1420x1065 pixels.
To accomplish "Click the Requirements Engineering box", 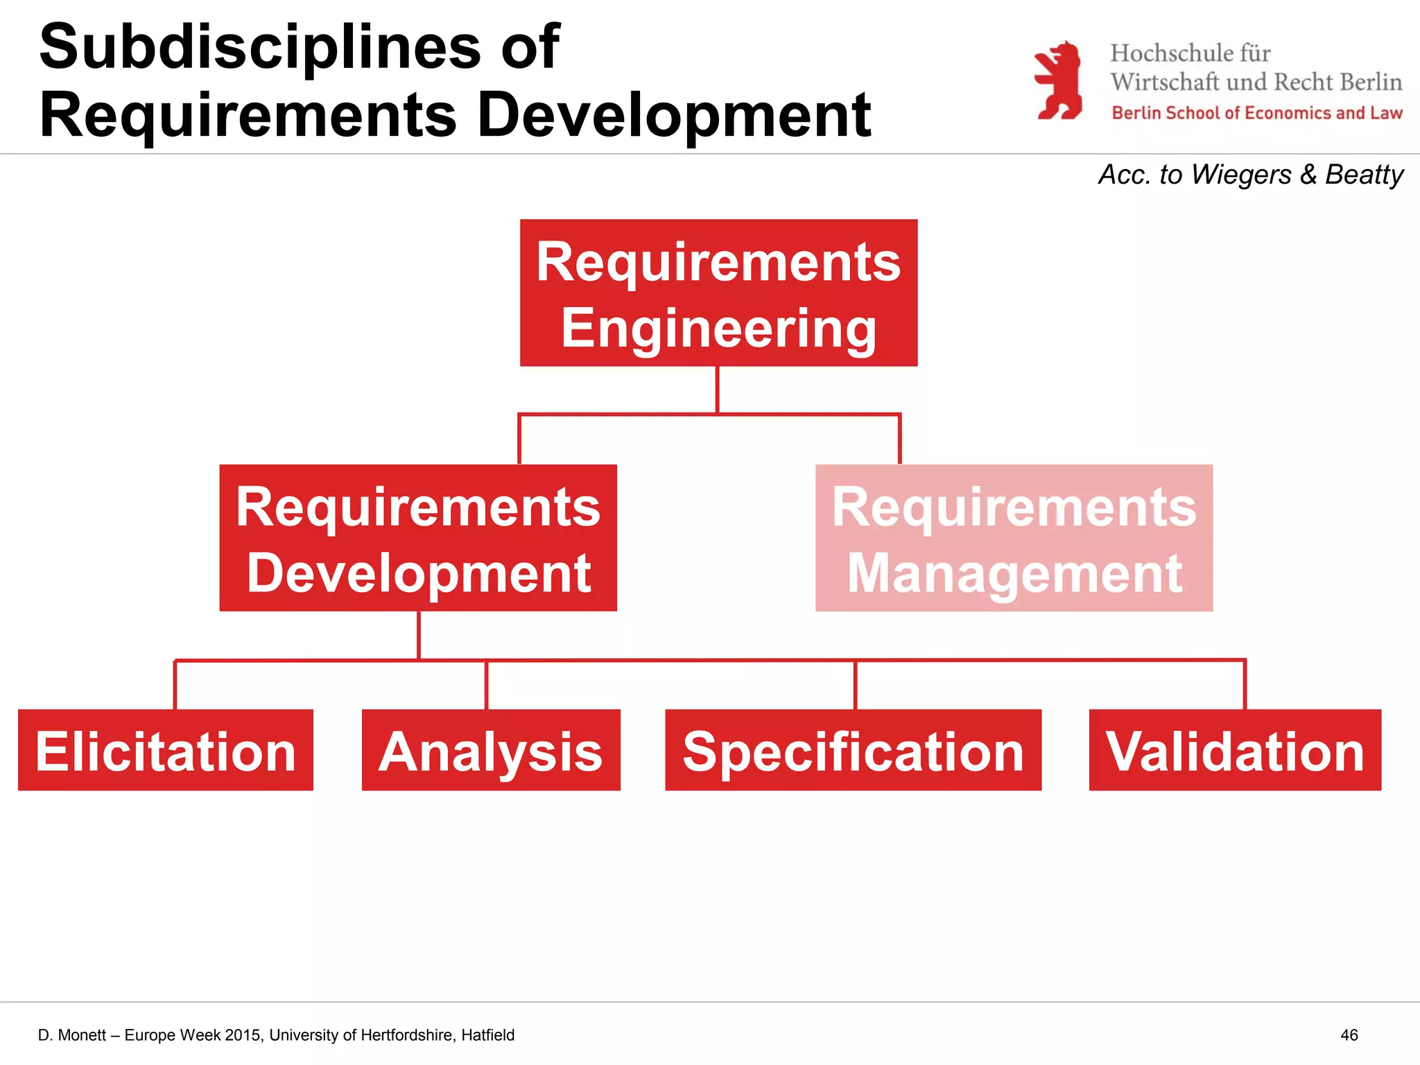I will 718,293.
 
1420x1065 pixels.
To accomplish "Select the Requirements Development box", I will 418,538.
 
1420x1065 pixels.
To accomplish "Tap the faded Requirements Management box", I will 1014,538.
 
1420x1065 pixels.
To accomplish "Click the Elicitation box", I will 166,750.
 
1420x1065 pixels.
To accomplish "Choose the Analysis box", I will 491,750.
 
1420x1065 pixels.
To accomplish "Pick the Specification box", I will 853,750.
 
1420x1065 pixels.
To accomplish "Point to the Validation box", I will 1235,750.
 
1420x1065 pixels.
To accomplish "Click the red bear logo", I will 1059,80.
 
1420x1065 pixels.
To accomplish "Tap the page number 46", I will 1349,1035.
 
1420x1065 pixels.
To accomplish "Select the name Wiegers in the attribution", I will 1241,175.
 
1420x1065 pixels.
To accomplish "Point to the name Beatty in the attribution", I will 1364,175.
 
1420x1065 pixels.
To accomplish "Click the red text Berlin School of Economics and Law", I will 1256,113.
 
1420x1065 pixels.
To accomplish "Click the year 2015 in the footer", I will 243,1035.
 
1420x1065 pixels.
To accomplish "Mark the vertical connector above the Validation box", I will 1245,685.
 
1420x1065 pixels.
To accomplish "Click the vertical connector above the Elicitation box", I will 175,685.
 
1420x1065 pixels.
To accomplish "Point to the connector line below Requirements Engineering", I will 717,390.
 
